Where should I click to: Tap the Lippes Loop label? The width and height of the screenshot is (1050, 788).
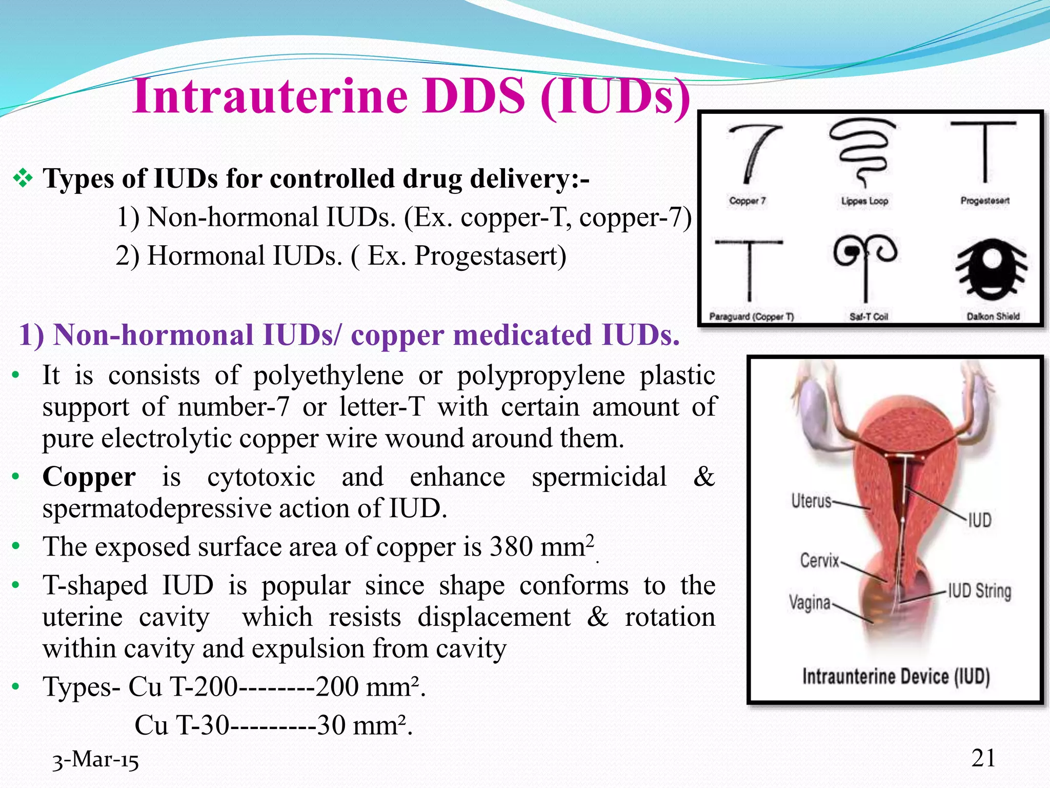[864, 201]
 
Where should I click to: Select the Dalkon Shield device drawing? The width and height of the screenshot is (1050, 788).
[992, 269]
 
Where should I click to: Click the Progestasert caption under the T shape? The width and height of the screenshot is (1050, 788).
[985, 201]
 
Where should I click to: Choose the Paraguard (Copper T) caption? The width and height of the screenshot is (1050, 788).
[752, 317]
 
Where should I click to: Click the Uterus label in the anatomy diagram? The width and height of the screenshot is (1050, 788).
[811, 501]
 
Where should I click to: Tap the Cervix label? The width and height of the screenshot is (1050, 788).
[819, 560]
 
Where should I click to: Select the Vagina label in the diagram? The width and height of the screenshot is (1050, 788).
[810, 602]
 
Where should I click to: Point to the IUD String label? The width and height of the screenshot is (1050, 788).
[979, 591]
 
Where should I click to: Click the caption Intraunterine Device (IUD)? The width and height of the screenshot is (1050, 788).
[896, 677]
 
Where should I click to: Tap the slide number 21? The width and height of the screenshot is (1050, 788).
[983, 758]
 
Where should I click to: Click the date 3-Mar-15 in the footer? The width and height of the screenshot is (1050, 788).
[96, 760]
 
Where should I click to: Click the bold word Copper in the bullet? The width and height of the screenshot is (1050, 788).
[89, 477]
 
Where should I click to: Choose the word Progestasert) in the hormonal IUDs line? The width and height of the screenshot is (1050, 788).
[490, 255]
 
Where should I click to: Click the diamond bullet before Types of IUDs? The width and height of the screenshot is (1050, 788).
[23, 179]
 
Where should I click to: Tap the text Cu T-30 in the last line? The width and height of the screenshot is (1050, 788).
[181, 725]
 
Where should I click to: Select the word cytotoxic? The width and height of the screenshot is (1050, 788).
[261, 477]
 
